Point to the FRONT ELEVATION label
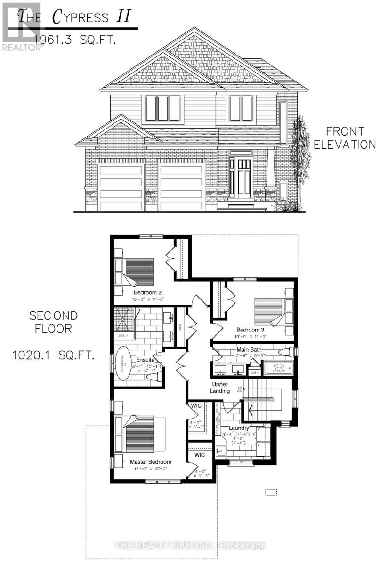(345, 137)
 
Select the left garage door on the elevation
(121, 187)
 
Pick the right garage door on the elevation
(181, 187)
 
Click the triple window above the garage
(162, 109)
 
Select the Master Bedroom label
(151, 462)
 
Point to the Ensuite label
(140, 359)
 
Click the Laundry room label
(239, 428)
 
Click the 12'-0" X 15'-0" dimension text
(151, 469)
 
